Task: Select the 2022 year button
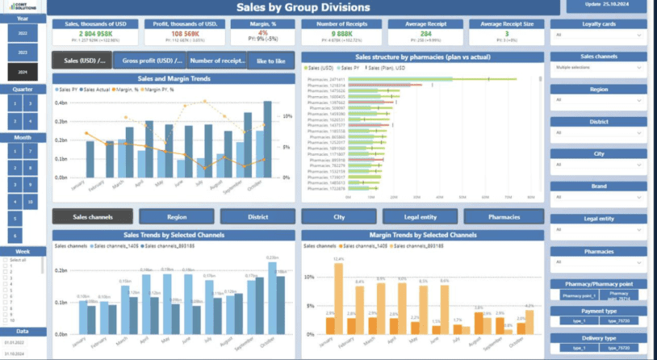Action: click(x=22, y=32)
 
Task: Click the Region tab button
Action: click(x=177, y=216)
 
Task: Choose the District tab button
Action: click(x=258, y=216)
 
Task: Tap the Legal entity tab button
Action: click(x=421, y=216)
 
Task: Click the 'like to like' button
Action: click(x=270, y=61)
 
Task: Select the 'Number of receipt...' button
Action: click(x=217, y=61)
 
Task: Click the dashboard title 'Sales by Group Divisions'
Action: click(x=303, y=8)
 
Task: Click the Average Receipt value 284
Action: click(x=425, y=33)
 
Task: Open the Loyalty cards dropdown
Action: click(x=597, y=36)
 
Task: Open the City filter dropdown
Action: click(x=597, y=164)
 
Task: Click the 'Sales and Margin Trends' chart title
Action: click(x=173, y=78)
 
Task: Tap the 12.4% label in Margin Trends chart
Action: click(x=338, y=258)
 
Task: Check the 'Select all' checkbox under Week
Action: click(x=8, y=260)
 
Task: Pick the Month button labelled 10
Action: click(x=30, y=201)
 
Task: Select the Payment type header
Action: click(x=597, y=311)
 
